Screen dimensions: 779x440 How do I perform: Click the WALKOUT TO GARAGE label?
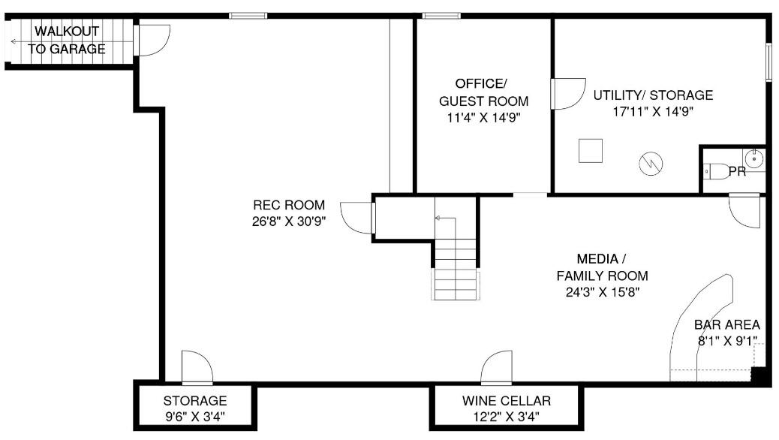pos(66,40)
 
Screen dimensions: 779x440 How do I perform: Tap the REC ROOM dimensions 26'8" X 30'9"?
pos(289,222)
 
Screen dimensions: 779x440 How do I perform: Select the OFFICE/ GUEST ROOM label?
pos(483,92)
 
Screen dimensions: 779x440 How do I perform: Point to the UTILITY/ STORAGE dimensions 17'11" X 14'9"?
pos(653,111)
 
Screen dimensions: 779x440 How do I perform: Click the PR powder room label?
pos(737,171)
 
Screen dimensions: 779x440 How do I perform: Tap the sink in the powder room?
pos(754,158)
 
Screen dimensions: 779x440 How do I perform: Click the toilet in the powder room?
pos(716,171)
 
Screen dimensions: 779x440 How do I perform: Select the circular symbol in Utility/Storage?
pos(651,164)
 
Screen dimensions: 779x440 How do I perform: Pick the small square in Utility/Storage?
pos(591,151)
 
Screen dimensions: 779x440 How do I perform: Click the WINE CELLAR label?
pos(507,401)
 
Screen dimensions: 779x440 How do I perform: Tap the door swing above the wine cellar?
pos(496,367)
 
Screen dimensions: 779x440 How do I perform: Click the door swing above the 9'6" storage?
pos(197,367)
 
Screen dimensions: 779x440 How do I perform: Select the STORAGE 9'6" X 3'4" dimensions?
pos(195,417)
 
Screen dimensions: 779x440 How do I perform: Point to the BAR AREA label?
pos(726,324)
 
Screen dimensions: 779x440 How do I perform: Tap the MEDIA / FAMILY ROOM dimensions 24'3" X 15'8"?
pos(603,292)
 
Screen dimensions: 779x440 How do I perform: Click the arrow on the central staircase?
pos(445,218)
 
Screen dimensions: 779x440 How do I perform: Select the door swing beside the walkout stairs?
pos(153,39)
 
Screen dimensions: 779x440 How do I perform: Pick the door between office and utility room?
pos(567,93)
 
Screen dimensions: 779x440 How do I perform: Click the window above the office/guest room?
pos(441,16)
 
